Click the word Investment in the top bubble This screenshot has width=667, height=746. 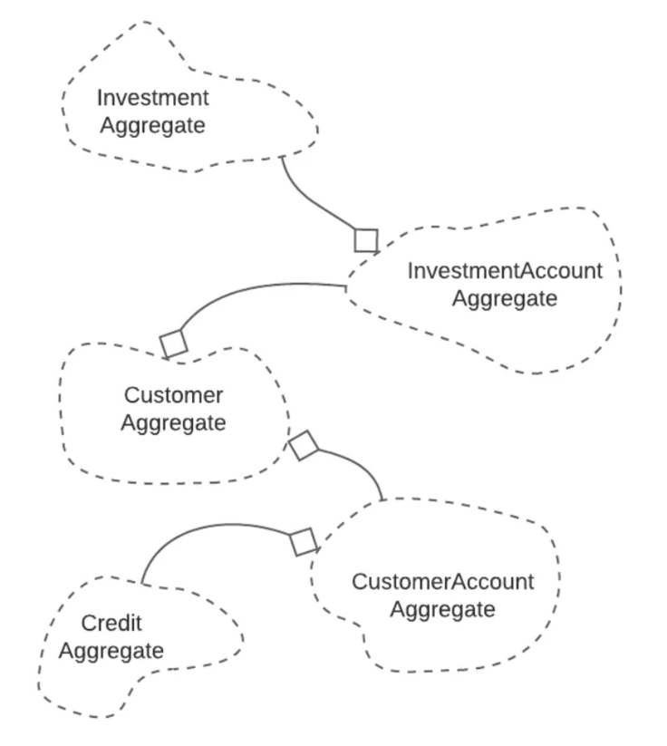click(x=152, y=97)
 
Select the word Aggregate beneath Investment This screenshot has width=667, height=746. click(x=152, y=125)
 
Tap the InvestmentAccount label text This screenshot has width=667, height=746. click(x=504, y=270)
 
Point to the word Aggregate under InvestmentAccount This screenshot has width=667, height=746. click(x=504, y=298)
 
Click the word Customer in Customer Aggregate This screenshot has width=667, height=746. click(x=173, y=395)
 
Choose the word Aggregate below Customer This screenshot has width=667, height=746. click(x=173, y=422)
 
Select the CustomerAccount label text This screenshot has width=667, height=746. click(x=442, y=581)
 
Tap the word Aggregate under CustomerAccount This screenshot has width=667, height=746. click(x=442, y=609)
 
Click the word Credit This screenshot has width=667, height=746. click(x=112, y=623)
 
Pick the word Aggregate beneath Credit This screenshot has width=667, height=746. click(x=112, y=651)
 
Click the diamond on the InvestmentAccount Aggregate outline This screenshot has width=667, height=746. click(x=366, y=240)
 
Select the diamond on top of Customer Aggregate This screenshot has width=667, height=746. click(x=172, y=344)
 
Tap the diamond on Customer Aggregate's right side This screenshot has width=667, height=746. click(x=304, y=445)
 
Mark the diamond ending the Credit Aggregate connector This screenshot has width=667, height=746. click(x=304, y=542)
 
